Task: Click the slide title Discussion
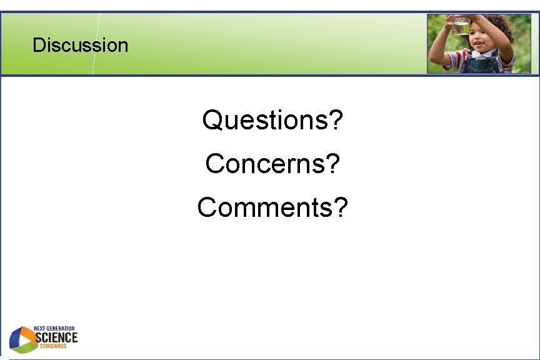[80, 45]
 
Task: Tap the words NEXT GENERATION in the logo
[54, 329]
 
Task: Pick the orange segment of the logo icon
[28, 333]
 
